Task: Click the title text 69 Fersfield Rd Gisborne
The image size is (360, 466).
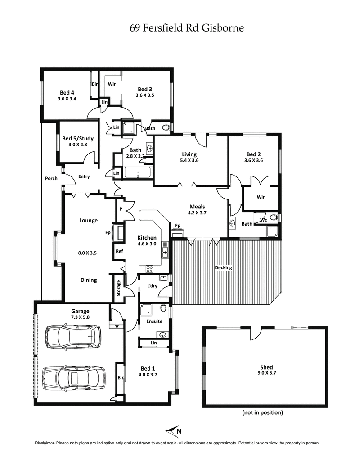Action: [x=186, y=28]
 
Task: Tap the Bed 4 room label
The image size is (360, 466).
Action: [x=67, y=93]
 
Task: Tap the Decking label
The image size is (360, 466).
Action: [x=223, y=267]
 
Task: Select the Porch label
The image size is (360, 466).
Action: [x=51, y=178]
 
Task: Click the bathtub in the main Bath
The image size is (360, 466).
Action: [x=138, y=173]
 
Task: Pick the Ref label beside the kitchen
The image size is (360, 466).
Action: [x=119, y=251]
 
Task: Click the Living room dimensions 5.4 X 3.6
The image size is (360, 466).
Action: [x=189, y=160]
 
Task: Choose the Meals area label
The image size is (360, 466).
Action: [x=197, y=207]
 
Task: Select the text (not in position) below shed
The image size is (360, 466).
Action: [x=262, y=412]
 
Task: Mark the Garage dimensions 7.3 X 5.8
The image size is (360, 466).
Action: [x=80, y=317]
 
